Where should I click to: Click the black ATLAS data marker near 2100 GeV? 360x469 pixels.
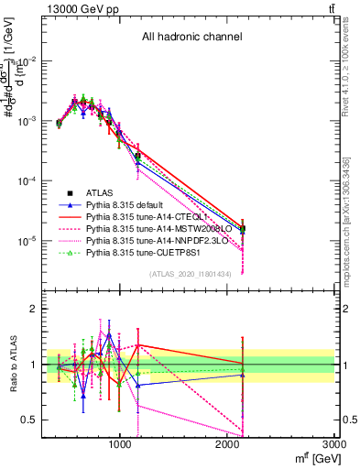242,229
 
